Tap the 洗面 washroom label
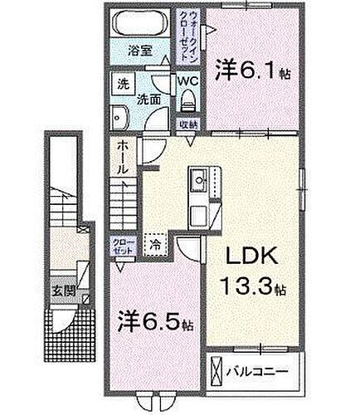149,97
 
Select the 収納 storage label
187,124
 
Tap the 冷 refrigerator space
155,245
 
